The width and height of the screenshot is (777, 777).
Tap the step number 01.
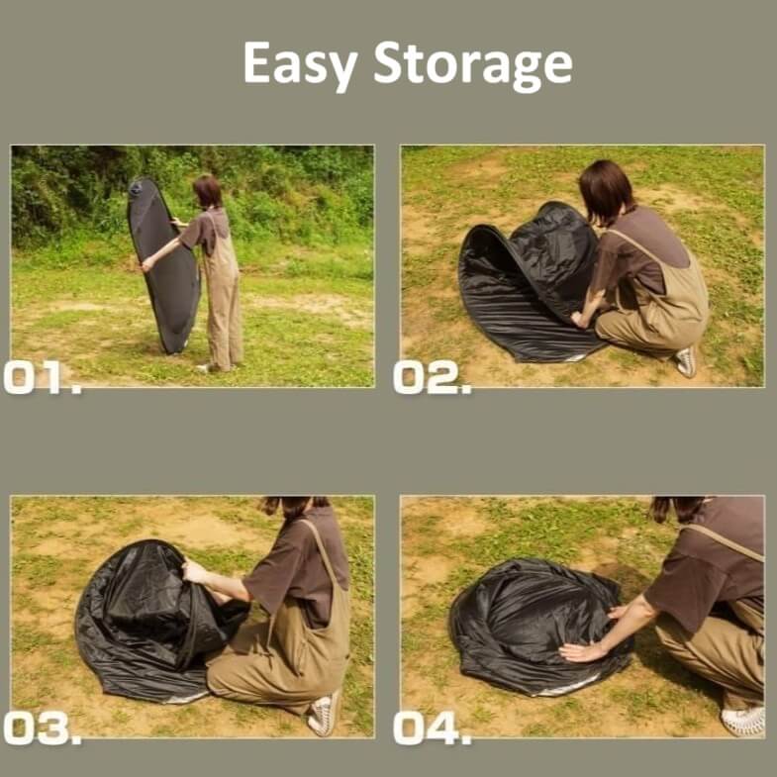(x=42, y=377)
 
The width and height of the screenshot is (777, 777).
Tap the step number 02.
(x=432, y=377)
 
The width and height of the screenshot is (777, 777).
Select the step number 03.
(x=42, y=728)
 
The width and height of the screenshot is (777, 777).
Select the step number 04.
(x=432, y=728)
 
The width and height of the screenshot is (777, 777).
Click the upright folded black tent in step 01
(x=162, y=265)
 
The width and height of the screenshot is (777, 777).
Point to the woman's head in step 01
(x=208, y=191)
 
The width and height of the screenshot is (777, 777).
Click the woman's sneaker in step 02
(x=687, y=362)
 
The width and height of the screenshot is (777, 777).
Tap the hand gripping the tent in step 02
(x=579, y=320)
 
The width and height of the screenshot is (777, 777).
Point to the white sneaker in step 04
(x=743, y=721)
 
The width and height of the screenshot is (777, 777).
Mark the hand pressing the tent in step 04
(x=580, y=652)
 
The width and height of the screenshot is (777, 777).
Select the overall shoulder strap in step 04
(x=724, y=541)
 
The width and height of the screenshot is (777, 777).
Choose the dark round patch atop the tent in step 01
(x=136, y=188)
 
